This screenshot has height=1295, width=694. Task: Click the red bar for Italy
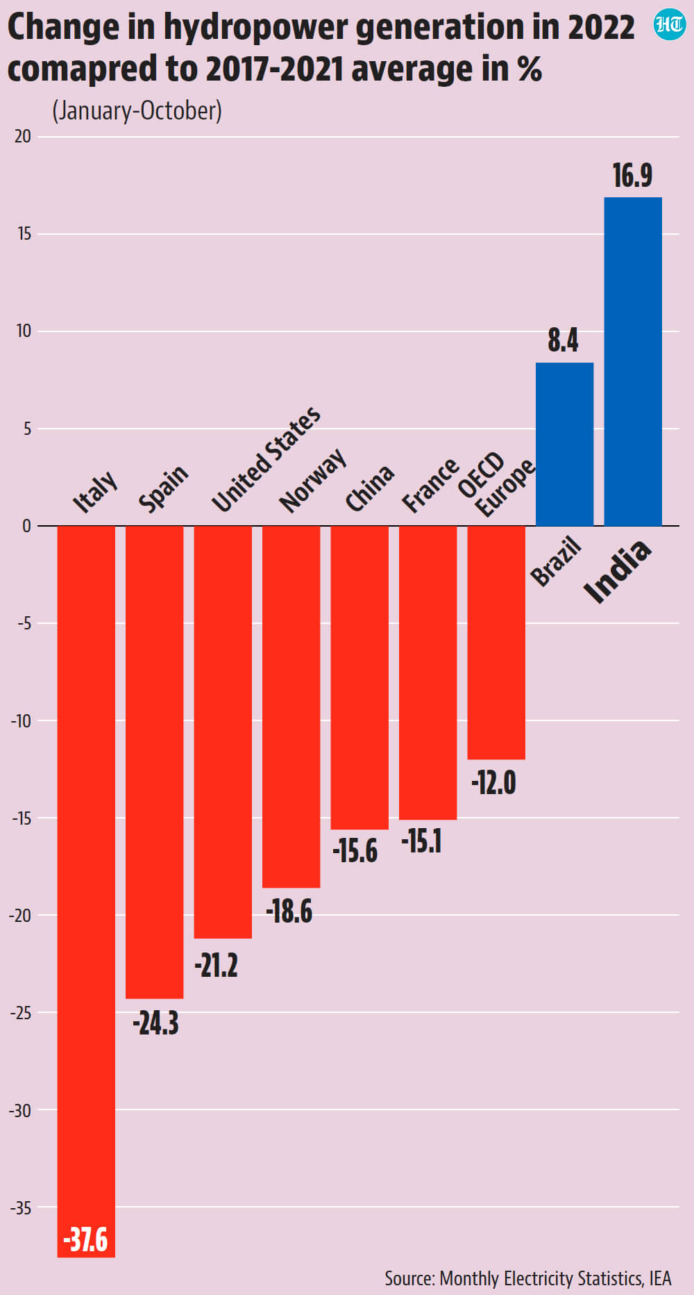[x=86, y=891]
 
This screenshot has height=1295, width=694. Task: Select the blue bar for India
[x=633, y=361]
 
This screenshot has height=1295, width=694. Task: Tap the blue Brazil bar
[x=565, y=444]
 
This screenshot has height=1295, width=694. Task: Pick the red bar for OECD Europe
[x=496, y=643]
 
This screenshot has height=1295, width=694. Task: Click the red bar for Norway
[x=291, y=707]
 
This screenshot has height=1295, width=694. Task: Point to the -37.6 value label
[x=85, y=1239]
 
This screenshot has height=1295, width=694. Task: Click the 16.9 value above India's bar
[x=632, y=175]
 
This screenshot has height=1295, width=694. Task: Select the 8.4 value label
[x=563, y=340]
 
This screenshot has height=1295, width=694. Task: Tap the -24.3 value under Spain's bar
[x=155, y=1023]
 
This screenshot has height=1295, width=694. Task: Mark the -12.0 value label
[x=493, y=783]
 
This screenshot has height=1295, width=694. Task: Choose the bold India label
[x=618, y=571]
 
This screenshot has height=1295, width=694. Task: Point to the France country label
[x=430, y=485]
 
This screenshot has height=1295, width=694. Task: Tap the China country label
[x=370, y=488]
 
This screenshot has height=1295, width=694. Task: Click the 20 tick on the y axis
[x=23, y=136]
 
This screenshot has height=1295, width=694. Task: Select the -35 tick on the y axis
[x=21, y=1207]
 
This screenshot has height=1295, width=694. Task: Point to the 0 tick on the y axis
[x=27, y=526]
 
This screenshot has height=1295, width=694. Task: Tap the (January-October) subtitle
[x=137, y=111]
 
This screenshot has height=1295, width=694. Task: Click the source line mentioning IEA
[x=528, y=1278]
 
